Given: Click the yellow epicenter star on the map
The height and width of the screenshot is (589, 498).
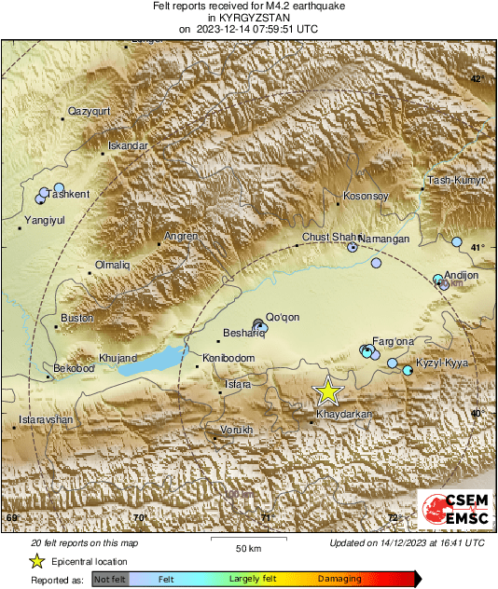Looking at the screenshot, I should (327, 391).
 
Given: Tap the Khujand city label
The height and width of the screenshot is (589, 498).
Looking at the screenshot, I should (118, 358).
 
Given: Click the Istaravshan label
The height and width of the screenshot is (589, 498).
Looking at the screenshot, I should (45, 420).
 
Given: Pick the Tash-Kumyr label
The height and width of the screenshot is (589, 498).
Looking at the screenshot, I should (456, 180).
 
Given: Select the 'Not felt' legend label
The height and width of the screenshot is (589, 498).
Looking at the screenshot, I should (111, 580).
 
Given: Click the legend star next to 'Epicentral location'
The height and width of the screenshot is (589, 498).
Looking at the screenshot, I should (36, 561).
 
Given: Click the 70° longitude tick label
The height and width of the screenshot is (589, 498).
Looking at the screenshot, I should (140, 517).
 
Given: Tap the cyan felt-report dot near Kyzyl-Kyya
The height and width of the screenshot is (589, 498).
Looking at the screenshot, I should (408, 371).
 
